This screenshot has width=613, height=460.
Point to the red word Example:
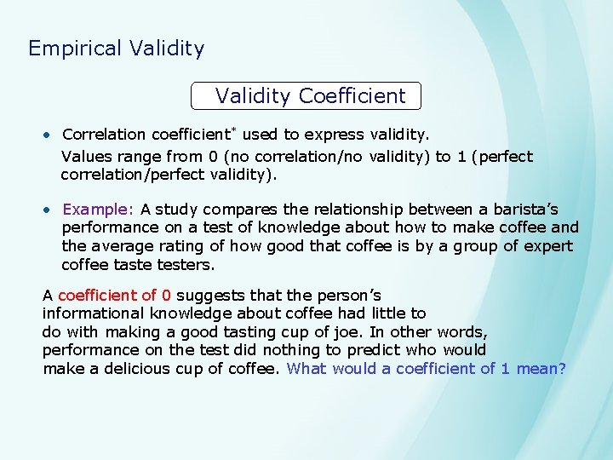click(98, 210)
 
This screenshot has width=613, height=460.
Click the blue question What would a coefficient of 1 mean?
click(427, 368)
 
